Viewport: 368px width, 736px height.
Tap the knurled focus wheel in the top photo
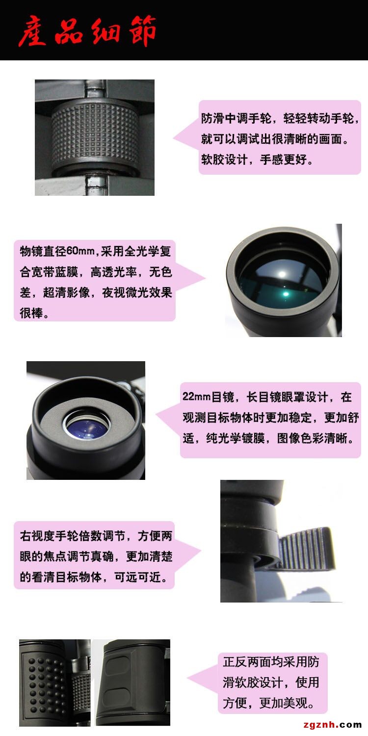point(95,135)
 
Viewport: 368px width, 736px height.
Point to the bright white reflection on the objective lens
point(282,274)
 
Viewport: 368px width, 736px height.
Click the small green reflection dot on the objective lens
point(286,293)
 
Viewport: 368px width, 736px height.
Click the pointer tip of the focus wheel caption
point(174,138)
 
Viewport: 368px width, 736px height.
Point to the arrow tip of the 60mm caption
point(205,279)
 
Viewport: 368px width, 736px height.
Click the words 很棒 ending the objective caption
point(31,313)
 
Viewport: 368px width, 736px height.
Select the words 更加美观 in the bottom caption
point(284,703)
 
